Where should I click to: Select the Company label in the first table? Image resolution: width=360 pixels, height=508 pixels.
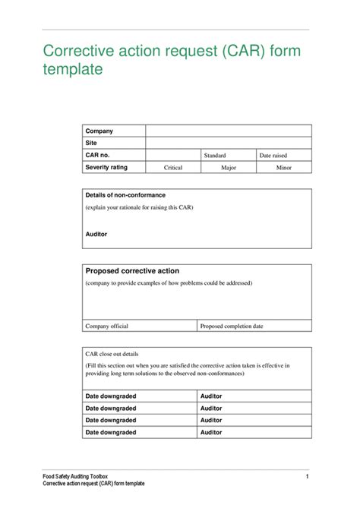[99, 131]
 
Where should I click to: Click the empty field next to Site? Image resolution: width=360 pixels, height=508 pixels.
[228, 143]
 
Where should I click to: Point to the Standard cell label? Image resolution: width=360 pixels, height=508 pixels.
[215, 155]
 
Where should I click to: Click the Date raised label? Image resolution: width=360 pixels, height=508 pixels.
[273, 155]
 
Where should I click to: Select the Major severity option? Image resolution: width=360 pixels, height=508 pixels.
[229, 167]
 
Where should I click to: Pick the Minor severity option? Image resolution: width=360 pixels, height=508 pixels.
[283, 167]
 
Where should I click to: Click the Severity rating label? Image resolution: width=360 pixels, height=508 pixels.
[106, 166]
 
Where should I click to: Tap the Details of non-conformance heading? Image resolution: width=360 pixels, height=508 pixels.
[125, 195]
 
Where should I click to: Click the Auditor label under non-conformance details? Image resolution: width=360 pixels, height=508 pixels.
[96, 235]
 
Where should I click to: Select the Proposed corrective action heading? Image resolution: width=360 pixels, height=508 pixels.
[132, 270]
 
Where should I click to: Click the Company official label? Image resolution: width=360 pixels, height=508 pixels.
[106, 326]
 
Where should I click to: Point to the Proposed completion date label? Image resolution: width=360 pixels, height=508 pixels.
[232, 326]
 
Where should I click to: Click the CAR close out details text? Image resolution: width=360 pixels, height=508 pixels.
[112, 354]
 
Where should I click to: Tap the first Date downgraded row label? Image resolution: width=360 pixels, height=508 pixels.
[111, 396]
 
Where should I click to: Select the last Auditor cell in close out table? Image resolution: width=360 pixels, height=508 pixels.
[211, 432]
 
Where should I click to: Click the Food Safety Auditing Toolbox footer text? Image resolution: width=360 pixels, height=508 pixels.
[81, 475]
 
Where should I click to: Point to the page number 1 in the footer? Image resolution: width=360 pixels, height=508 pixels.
[308, 475]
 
